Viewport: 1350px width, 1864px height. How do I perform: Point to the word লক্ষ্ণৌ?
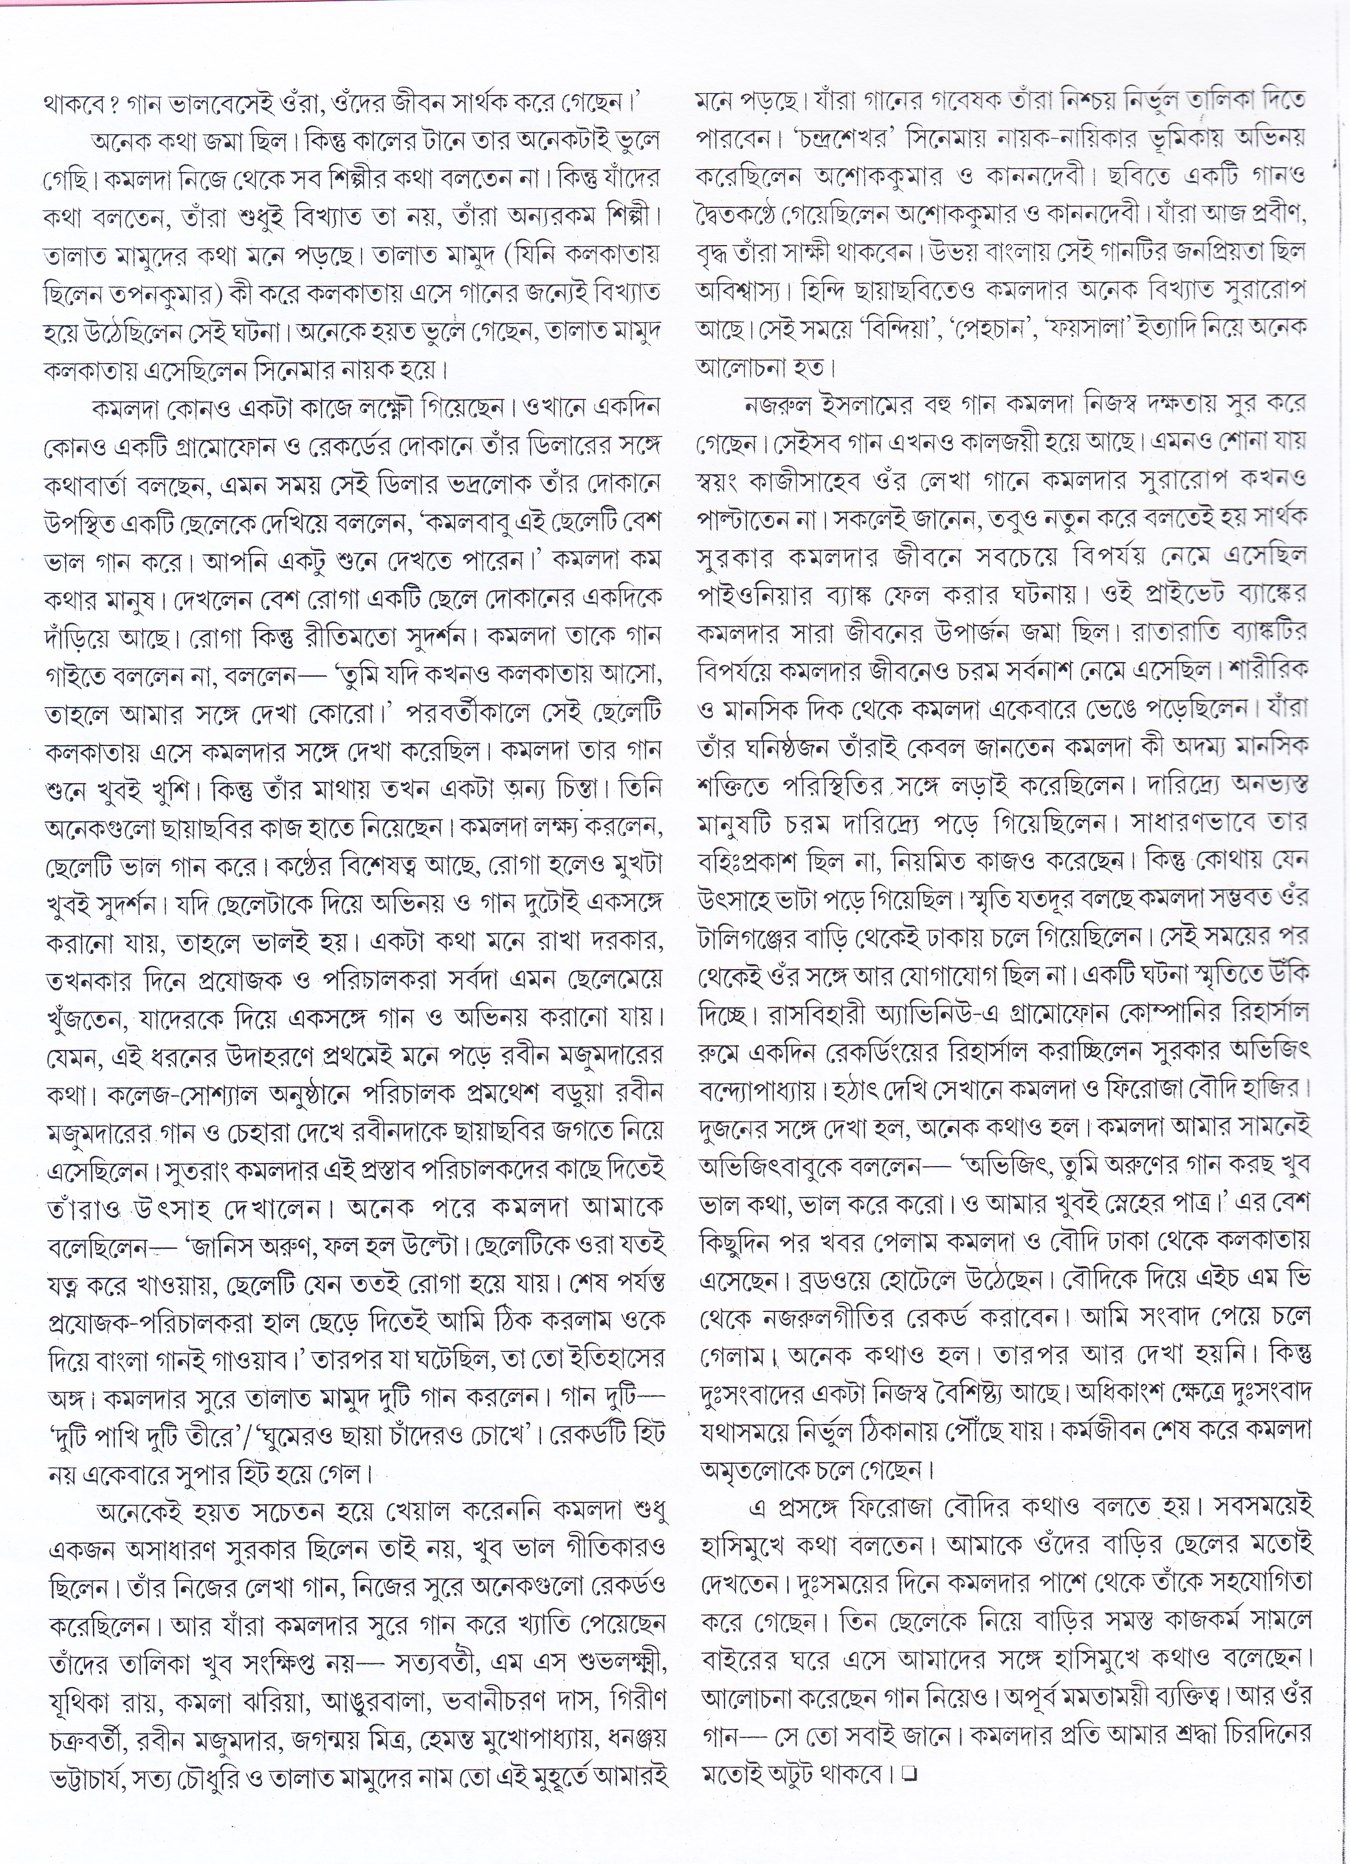click(x=390, y=407)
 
